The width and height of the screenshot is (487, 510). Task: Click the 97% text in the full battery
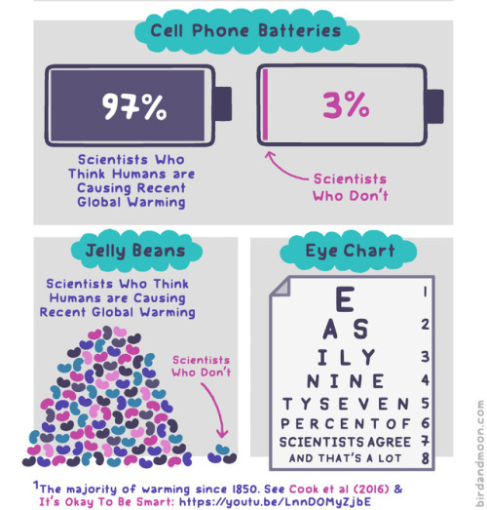click(134, 106)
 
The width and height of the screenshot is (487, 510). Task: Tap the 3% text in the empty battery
click(346, 104)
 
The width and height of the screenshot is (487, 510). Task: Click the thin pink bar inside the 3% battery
click(265, 104)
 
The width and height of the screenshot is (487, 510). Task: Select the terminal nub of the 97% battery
click(222, 103)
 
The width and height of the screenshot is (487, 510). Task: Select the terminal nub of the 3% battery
click(434, 106)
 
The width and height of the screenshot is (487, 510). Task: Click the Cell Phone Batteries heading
click(246, 31)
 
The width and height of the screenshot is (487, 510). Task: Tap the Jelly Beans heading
click(135, 251)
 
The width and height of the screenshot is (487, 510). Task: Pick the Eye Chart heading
click(350, 251)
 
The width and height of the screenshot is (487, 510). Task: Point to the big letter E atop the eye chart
click(345, 299)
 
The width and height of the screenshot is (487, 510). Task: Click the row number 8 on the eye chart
click(426, 458)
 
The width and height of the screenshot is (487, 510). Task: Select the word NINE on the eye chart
click(346, 381)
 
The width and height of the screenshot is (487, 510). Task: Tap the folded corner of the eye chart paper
click(281, 287)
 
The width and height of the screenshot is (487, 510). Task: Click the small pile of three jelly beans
click(222, 453)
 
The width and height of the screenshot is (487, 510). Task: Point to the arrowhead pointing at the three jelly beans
click(223, 434)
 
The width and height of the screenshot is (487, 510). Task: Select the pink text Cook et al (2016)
click(339, 489)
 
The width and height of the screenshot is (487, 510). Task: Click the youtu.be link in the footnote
click(275, 501)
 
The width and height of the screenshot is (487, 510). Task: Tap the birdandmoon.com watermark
click(480, 452)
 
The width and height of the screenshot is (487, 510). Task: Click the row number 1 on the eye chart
click(425, 292)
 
